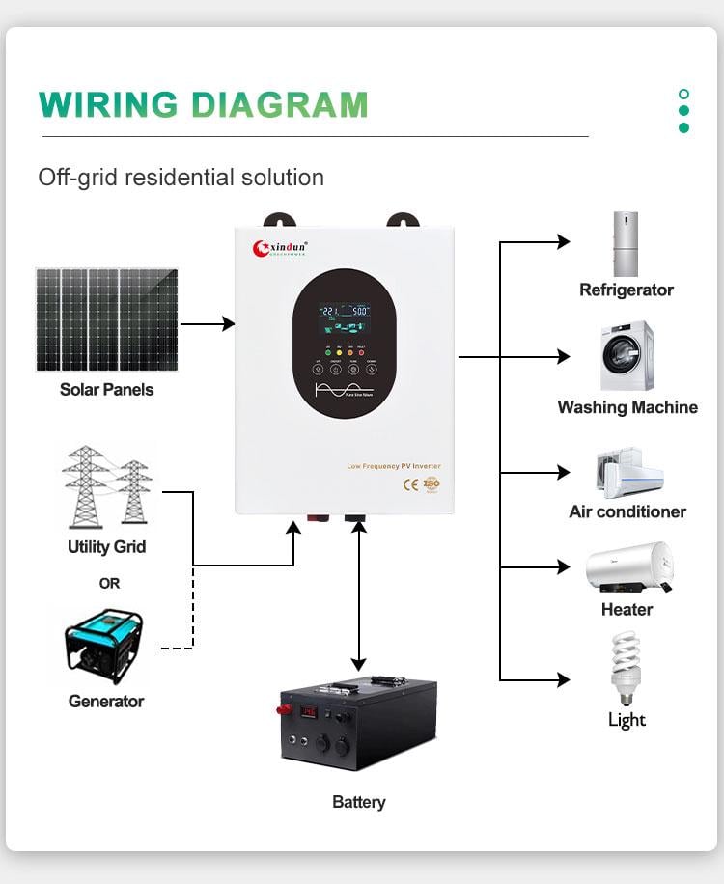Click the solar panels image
pyautogui.click(x=107, y=319)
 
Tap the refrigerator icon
pyautogui.click(x=626, y=244)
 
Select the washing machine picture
pyautogui.click(x=627, y=356)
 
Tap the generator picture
pyautogui.click(x=104, y=647)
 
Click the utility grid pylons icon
pyautogui.click(x=107, y=487)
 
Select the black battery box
pyautogui.click(x=358, y=723)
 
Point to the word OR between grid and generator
pyautogui.click(x=109, y=583)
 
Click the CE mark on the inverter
pyautogui.click(x=410, y=484)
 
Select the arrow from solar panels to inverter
pyautogui.click(x=208, y=324)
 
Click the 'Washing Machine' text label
pyautogui.click(x=627, y=407)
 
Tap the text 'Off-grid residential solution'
pyautogui.click(x=181, y=178)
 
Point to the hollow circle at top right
pyautogui.click(x=684, y=95)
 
